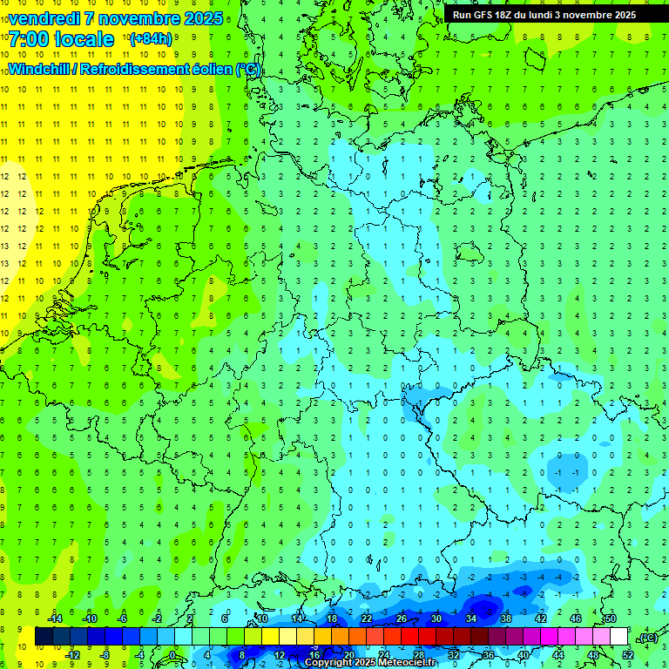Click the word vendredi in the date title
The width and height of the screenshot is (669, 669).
pos(45,18)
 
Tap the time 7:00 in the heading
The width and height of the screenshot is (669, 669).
pos(33,39)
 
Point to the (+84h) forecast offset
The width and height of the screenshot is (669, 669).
pos(151,39)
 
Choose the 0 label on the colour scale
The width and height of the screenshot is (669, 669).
pos(172,655)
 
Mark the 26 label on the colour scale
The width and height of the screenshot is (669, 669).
pos(402,618)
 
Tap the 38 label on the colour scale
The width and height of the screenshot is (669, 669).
pos(506,618)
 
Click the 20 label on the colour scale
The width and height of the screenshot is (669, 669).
pos(348,655)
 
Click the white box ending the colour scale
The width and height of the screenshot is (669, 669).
pos(618,637)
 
